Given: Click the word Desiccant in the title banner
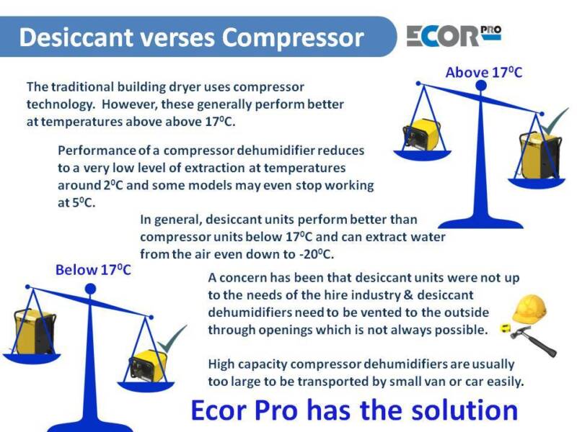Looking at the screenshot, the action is (76, 37).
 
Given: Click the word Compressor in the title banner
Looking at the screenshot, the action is (293, 38).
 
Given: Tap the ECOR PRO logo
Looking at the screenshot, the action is (454, 35).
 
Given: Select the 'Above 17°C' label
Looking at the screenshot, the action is (483, 72).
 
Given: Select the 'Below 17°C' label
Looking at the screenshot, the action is (93, 269).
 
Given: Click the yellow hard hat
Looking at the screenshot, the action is (529, 310).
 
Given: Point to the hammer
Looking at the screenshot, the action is (534, 341).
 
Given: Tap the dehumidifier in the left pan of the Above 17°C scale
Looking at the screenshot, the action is (422, 135).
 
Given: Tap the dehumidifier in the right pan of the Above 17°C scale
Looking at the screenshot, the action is (541, 156).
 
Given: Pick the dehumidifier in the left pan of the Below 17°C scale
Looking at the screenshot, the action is (34, 331).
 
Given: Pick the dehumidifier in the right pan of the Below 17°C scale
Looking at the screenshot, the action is (147, 366).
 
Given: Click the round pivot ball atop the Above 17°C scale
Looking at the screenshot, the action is (481, 86).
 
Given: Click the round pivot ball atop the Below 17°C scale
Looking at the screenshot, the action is (90, 289).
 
